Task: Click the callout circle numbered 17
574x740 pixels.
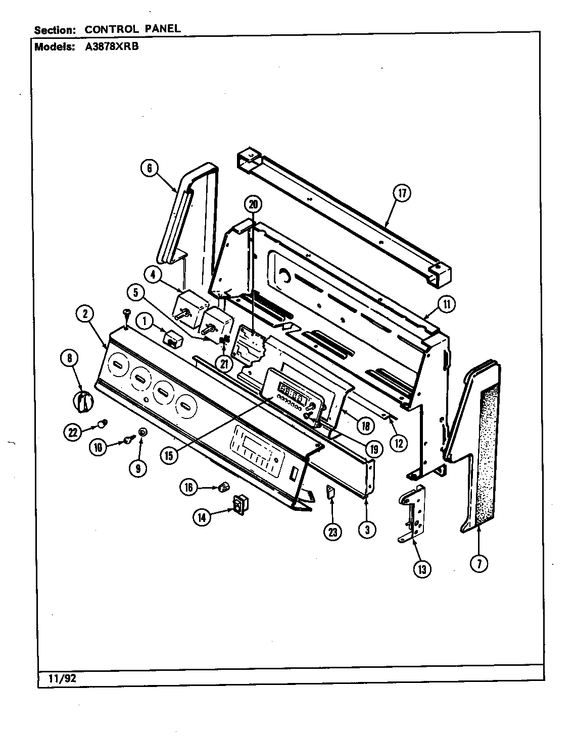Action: [x=403, y=193]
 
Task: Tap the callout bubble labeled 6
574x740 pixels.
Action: [x=150, y=168]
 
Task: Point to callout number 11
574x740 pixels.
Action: [x=446, y=304]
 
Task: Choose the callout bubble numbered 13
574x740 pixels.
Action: [x=421, y=569]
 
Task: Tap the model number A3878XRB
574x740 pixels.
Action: [x=108, y=47]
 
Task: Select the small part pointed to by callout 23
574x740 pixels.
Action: [x=331, y=492]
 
